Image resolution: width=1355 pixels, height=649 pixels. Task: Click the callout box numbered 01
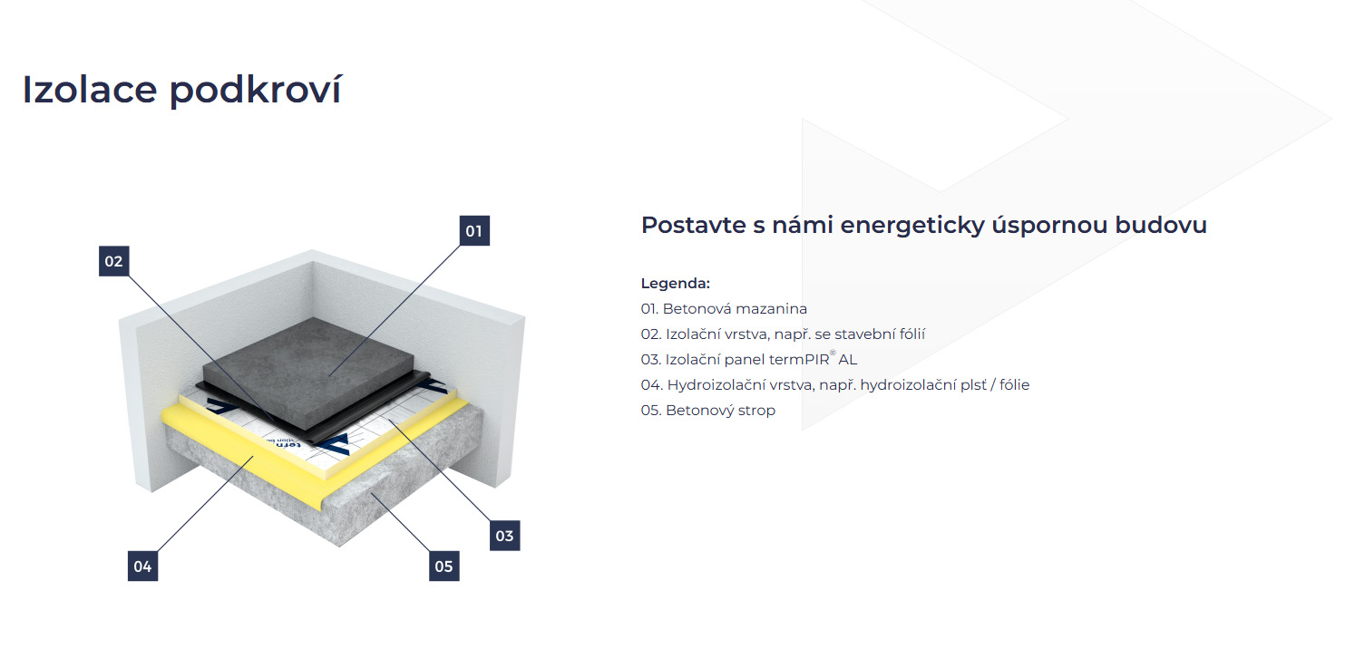click(x=474, y=231)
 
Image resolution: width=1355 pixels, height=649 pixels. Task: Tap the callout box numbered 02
click(x=113, y=261)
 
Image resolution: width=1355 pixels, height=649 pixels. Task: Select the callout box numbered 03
click(x=504, y=536)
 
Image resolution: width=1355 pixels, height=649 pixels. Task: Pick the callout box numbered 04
click(x=142, y=567)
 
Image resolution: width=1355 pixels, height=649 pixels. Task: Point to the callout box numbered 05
click(x=444, y=567)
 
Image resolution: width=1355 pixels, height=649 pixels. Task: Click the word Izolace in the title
click(x=90, y=90)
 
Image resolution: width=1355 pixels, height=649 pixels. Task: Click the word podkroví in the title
click(x=255, y=91)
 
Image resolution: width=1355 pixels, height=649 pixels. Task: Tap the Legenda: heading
click(x=675, y=284)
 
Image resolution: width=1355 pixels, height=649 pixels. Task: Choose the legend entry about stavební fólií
click(x=783, y=334)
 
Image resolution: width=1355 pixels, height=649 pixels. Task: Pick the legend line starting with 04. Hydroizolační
click(x=834, y=385)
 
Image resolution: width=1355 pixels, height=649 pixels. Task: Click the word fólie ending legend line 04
click(x=1014, y=385)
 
